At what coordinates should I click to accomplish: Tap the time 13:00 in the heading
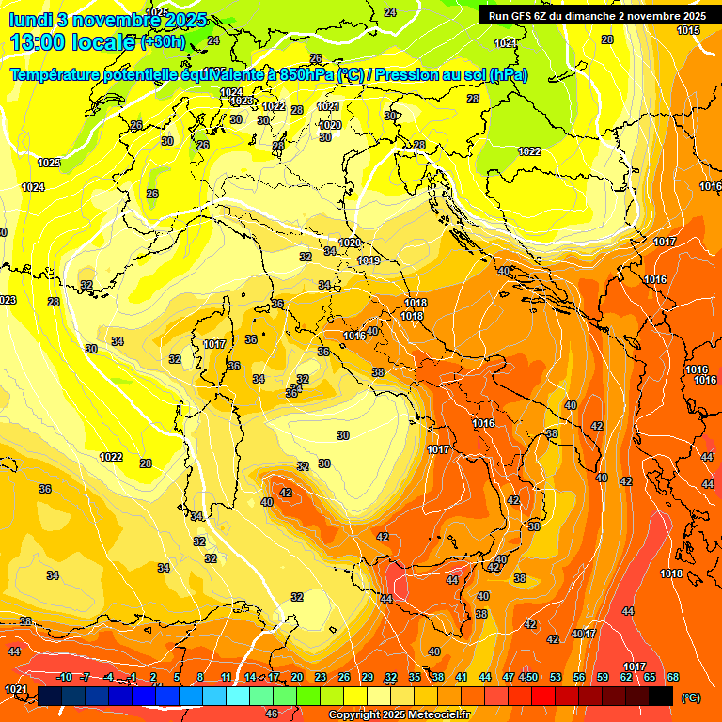click(x=36, y=42)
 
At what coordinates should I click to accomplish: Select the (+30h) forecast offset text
click(x=163, y=42)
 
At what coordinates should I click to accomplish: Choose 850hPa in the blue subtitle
click(x=306, y=75)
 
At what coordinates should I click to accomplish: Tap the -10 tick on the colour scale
click(x=64, y=677)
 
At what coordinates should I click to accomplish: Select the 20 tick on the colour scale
click(x=297, y=677)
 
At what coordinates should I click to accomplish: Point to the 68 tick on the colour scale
click(x=673, y=677)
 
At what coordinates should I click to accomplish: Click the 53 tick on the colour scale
click(x=556, y=677)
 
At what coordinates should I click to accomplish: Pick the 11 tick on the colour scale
click(x=227, y=677)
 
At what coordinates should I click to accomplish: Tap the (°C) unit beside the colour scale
click(x=690, y=698)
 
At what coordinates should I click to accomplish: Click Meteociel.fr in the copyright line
click(x=434, y=715)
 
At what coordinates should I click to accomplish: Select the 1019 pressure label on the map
click(x=369, y=260)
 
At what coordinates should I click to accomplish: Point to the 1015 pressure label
click(x=688, y=31)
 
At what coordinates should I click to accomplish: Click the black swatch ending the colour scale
click(x=661, y=696)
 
